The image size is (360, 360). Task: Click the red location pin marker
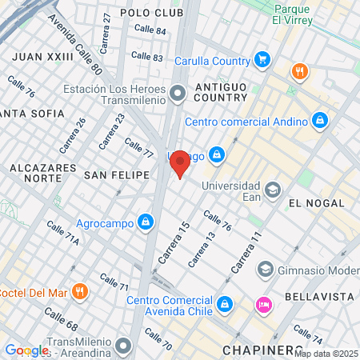(x=180, y=163)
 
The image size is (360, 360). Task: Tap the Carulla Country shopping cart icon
(x=262, y=59)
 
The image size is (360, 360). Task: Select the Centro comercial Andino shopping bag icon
(x=320, y=121)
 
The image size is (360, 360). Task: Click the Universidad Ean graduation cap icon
(x=273, y=190)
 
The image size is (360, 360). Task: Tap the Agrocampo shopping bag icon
(x=146, y=222)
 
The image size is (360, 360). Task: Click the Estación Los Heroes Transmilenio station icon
(x=178, y=95)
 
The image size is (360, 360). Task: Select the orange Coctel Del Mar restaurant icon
(x=78, y=291)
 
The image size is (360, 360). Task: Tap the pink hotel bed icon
(x=262, y=305)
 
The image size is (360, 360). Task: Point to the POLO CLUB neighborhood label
(x=152, y=13)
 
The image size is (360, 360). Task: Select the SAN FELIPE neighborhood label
(x=118, y=174)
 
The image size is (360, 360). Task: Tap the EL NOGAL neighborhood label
(x=316, y=202)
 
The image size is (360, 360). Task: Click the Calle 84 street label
(x=150, y=30)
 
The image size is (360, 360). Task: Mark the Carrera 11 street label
(x=246, y=252)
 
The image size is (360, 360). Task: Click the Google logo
(x=26, y=350)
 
